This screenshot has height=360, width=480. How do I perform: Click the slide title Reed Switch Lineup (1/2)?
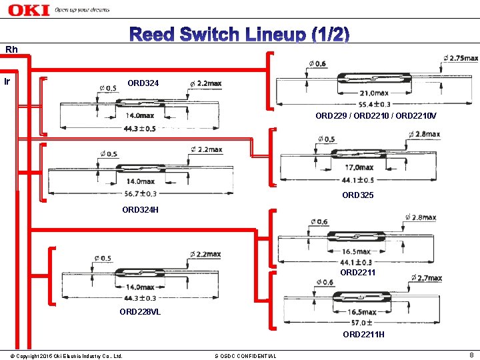point(239,35)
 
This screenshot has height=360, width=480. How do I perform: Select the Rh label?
point(11,49)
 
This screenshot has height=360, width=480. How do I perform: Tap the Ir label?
point(7,82)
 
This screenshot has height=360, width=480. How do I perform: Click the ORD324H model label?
point(140,210)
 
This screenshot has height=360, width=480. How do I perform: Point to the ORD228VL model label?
point(140,311)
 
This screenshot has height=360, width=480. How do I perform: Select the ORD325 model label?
point(357,195)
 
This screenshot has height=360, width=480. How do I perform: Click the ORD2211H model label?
point(363,334)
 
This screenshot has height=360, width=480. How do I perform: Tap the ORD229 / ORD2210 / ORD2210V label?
point(376,115)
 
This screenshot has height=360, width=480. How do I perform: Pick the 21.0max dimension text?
point(374,93)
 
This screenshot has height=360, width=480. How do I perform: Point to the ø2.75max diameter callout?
point(459,59)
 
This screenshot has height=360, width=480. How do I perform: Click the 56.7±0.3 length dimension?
point(141,193)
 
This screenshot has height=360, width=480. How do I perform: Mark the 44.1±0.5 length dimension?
point(359,179)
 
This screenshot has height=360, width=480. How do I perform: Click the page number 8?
point(471,355)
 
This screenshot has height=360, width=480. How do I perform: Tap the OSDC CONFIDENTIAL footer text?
point(245,356)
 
